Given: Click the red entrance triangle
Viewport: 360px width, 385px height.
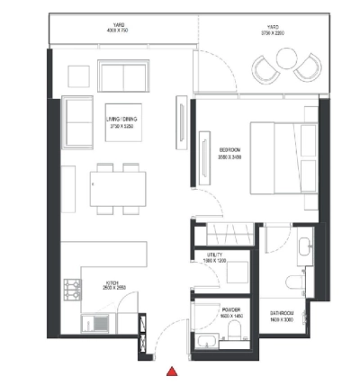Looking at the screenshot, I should pos(171,371).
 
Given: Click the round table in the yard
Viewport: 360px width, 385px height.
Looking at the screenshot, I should pos(287,59).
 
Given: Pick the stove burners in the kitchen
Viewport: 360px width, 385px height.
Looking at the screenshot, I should pos(70,291).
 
